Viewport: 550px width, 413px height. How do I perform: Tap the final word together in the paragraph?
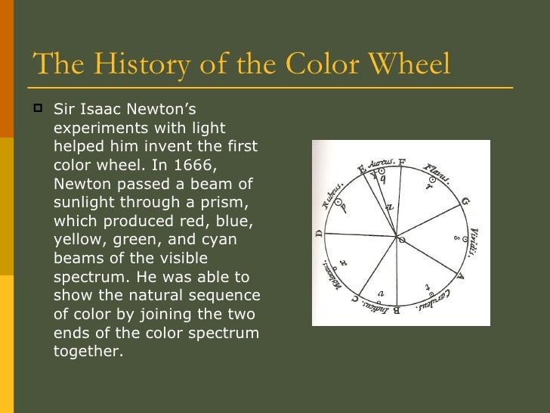[x=88, y=351]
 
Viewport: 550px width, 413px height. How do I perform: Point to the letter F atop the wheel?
[x=402, y=161]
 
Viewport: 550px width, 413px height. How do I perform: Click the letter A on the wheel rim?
[x=461, y=277]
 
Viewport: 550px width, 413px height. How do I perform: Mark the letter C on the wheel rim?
[x=354, y=299]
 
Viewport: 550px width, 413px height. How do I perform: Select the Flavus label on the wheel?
[x=437, y=173]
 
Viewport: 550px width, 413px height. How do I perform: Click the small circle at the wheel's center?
[x=401, y=240]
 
